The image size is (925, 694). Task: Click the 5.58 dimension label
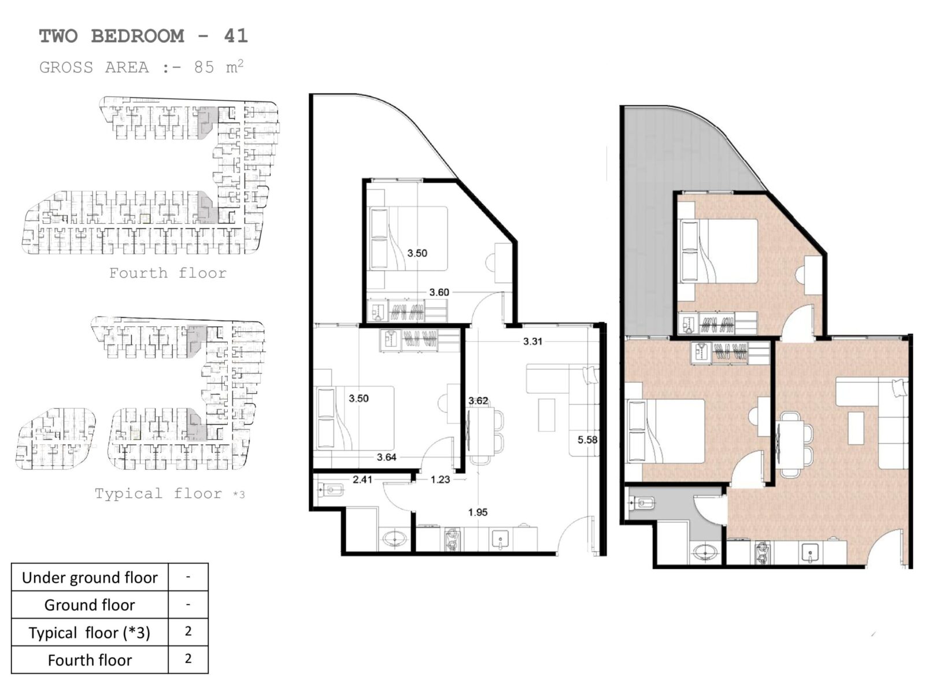click(x=587, y=440)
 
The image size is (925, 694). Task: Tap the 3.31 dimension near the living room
click(x=532, y=341)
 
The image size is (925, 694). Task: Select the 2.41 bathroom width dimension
click(x=362, y=479)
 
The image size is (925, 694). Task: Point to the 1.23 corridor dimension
click(x=441, y=479)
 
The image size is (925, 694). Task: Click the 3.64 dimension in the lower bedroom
click(x=386, y=457)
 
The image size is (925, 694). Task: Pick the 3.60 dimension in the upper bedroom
click(x=439, y=292)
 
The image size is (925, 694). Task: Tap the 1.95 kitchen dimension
click(x=478, y=512)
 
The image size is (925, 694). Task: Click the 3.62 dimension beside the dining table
click(x=478, y=401)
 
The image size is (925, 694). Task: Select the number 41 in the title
click(x=236, y=36)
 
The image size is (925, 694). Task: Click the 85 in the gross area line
click(x=204, y=68)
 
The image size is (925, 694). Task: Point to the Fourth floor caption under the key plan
click(x=168, y=273)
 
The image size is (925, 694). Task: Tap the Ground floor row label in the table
click(x=90, y=605)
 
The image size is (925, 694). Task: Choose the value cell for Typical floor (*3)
click(x=188, y=632)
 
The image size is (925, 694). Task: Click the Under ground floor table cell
click(x=90, y=577)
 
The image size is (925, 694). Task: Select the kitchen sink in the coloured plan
click(x=809, y=552)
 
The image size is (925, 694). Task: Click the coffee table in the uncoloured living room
click(x=546, y=415)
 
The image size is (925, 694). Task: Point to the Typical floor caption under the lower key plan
click(x=158, y=493)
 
